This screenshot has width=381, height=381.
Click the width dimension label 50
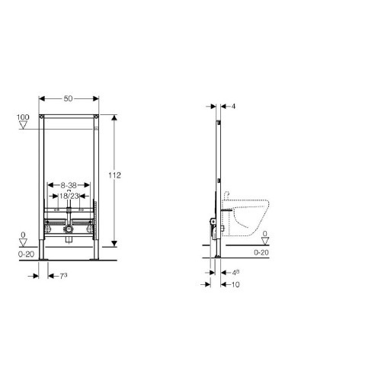[68, 98]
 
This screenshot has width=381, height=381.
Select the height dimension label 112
[114, 175]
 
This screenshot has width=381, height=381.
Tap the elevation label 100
[23, 117]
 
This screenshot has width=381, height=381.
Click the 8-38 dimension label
[69, 185]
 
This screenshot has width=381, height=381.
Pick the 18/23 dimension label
[69, 196]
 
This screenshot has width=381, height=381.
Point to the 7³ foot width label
[63, 276]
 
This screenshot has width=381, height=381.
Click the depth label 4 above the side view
[233, 106]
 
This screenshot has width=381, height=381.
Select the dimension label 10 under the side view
[235, 284]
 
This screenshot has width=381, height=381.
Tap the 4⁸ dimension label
[235, 273]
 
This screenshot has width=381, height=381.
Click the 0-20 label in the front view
[26, 255]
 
